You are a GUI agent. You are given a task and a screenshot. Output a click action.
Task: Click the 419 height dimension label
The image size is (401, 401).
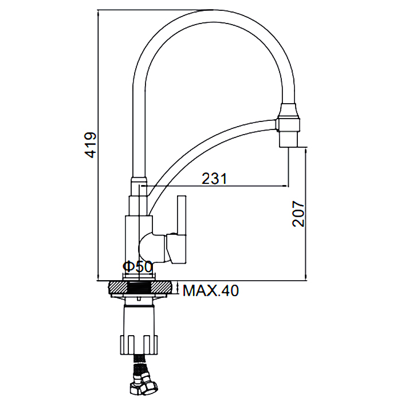coord(91,145)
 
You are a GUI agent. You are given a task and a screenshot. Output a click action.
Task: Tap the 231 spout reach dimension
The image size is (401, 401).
coord(214,179)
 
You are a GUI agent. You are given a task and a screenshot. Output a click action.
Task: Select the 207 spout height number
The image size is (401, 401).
coord(298,214)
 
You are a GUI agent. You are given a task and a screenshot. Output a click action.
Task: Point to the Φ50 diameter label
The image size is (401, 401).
coord(137,267)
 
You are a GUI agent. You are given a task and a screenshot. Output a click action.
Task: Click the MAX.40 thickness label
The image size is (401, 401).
coord(211,290)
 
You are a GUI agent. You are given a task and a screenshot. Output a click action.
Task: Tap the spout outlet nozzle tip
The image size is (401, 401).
coord(289,140)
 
